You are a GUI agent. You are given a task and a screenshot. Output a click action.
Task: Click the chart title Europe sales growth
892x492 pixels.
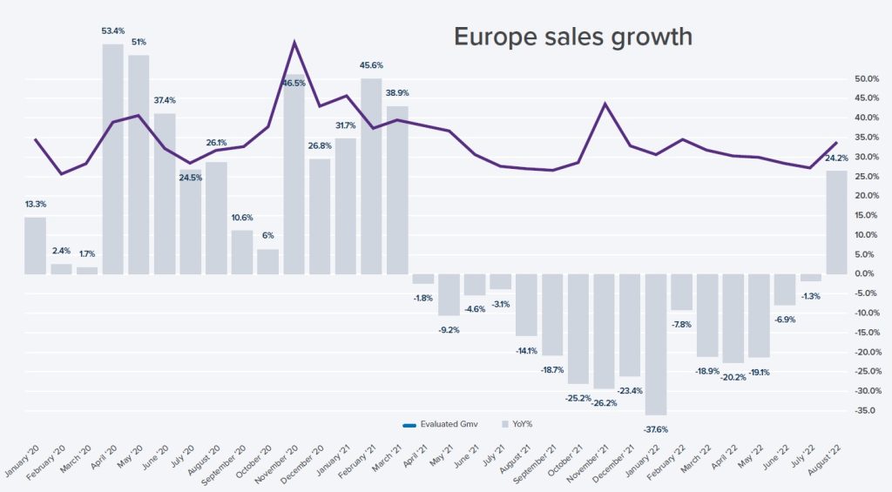(x=572, y=37)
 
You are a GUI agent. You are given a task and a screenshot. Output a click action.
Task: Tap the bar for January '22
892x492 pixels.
(x=656, y=344)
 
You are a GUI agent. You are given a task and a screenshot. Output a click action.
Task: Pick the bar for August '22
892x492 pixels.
(x=836, y=222)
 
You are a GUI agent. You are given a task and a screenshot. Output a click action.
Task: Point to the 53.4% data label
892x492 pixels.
(x=112, y=31)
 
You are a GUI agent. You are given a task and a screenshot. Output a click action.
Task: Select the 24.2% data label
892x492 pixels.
(x=836, y=158)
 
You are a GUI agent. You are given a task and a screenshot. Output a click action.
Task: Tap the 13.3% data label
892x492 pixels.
(x=36, y=205)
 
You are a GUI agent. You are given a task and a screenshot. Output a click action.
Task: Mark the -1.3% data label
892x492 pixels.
(x=811, y=296)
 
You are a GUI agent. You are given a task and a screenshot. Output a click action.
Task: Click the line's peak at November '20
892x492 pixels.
(x=294, y=42)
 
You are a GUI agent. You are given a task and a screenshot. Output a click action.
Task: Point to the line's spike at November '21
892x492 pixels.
(x=605, y=104)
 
